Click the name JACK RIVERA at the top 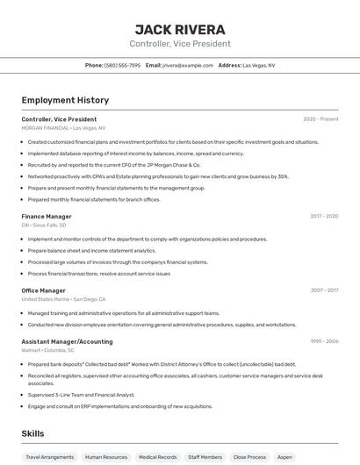coord(180,29)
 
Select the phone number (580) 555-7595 coord(122,65)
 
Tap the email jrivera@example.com coord(187,65)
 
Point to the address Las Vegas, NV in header coord(258,65)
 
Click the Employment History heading coord(65,100)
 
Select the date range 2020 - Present coord(320,119)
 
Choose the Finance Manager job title coord(47,217)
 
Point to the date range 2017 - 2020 coord(324,217)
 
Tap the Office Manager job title coord(44,290)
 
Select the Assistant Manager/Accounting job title coord(68,341)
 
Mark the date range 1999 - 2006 coord(324,341)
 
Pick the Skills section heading coord(33,433)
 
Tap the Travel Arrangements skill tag coord(50,457)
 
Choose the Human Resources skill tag coord(106,457)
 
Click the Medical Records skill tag coord(158,457)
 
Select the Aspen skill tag coord(284,457)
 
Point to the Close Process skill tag coord(249,457)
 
